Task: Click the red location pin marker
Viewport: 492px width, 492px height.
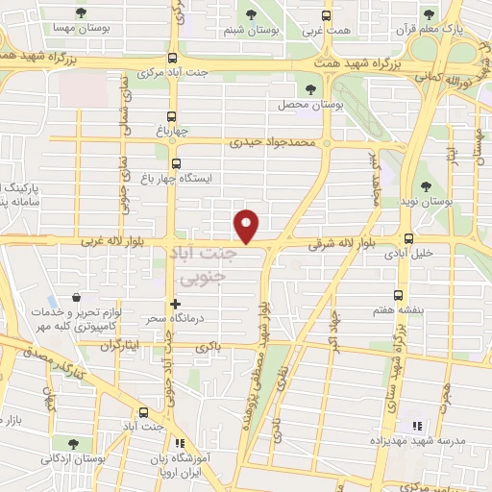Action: click(x=247, y=225)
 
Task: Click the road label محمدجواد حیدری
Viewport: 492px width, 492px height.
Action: click(x=272, y=142)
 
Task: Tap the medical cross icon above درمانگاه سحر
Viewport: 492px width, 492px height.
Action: click(x=175, y=304)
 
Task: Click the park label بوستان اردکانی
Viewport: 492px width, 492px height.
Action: click(x=74, y=458)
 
